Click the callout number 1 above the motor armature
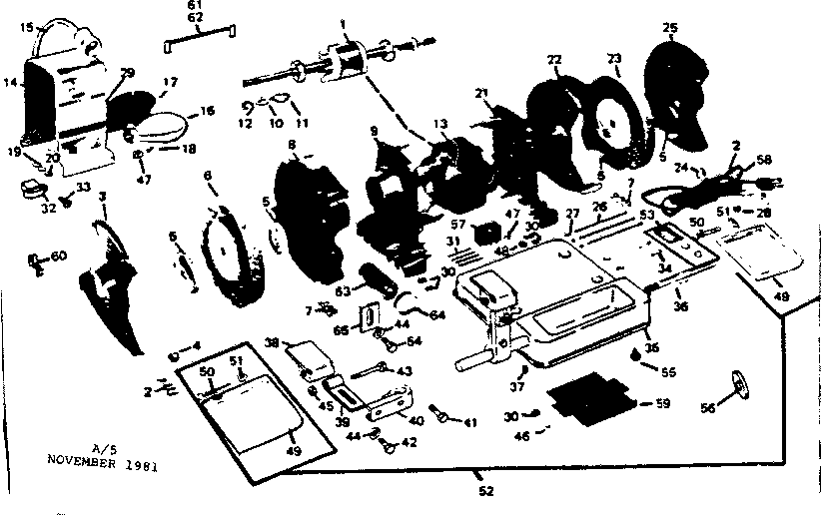tap(343, 22)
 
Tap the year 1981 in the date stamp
tap(145, 464)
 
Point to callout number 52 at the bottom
tap(484, 489)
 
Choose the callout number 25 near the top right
tap(670, 26)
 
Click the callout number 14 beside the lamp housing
tap(10, 86)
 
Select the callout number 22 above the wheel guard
tap(554, 61)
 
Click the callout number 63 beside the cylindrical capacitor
tap(344, 291)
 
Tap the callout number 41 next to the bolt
tap(469, 423)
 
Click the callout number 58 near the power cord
tap(764, 159)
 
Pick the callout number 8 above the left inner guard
tap(293, 146)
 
